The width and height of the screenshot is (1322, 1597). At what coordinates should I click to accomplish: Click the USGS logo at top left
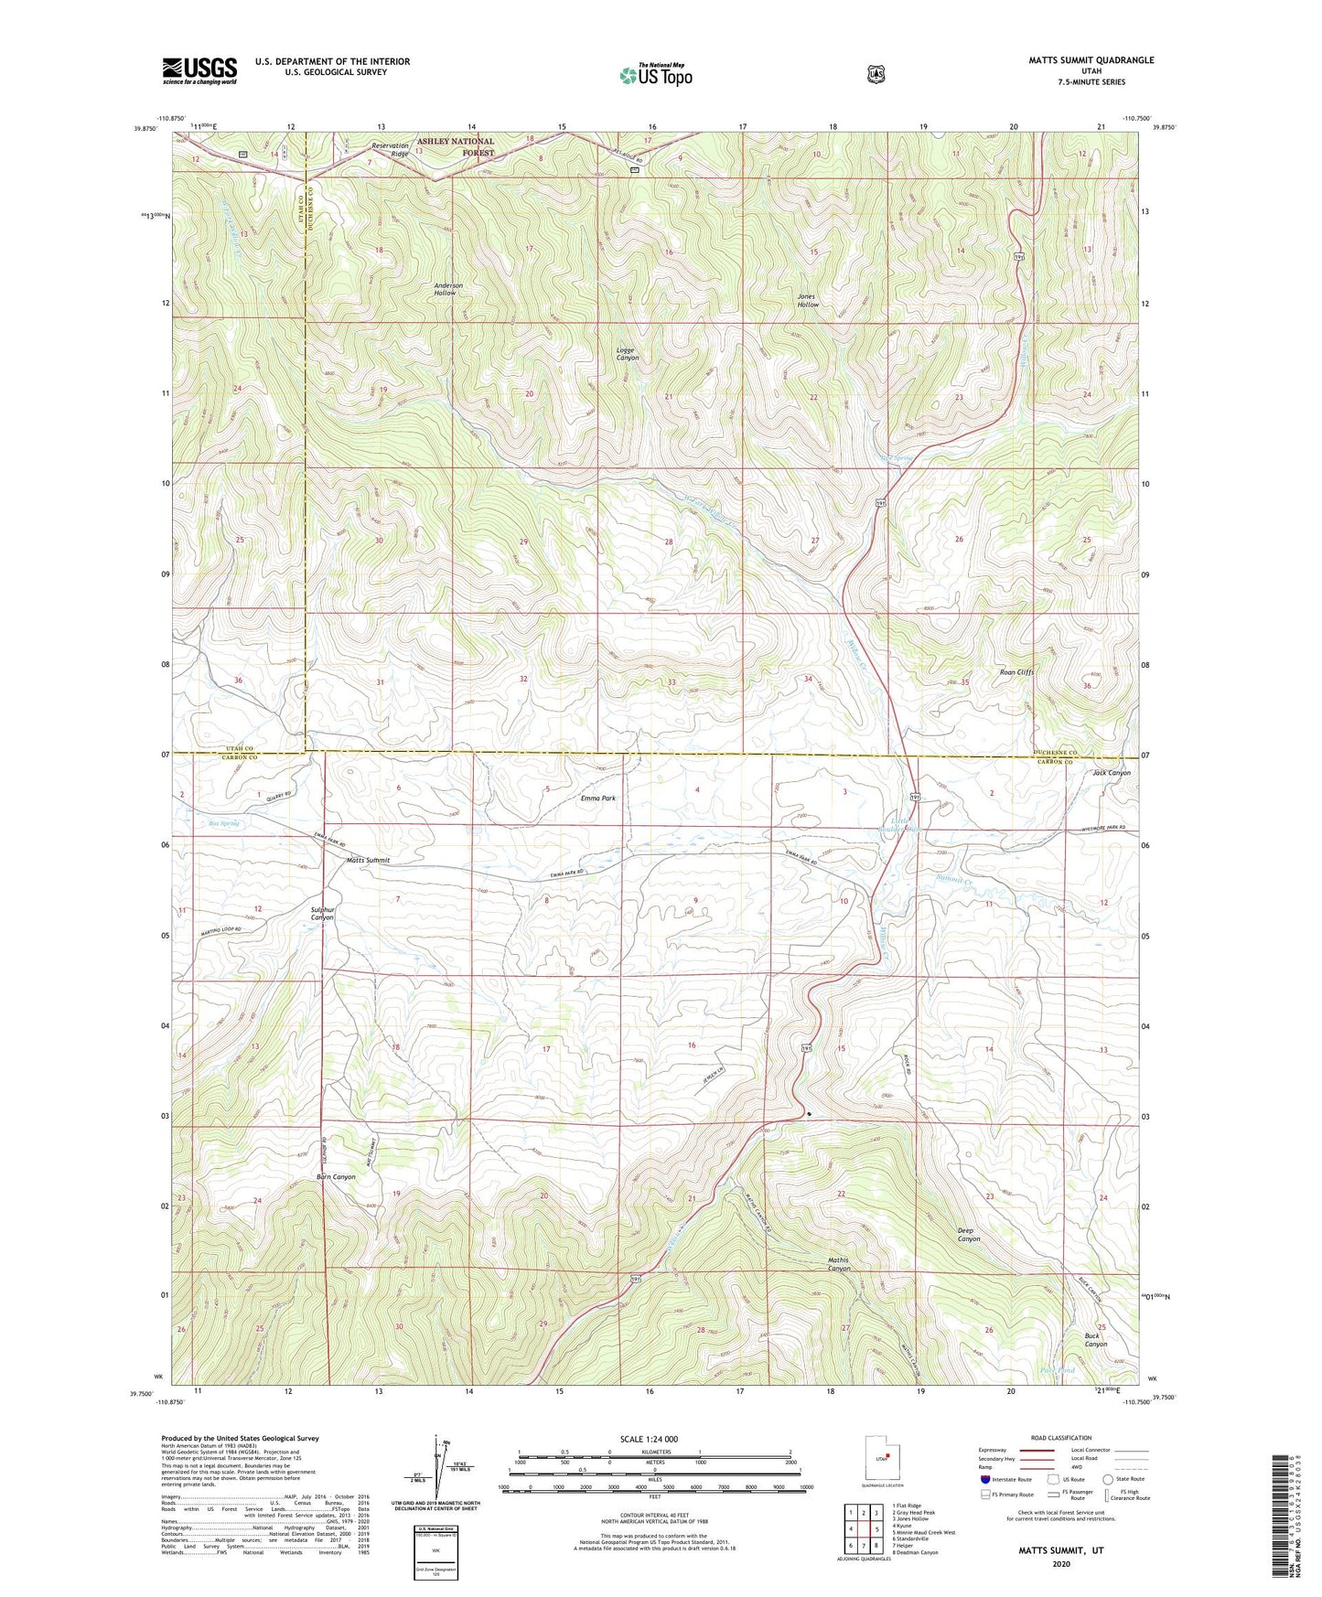199,70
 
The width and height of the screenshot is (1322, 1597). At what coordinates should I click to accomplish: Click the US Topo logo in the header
655,75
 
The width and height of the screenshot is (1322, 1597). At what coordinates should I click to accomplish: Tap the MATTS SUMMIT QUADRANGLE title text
1078,60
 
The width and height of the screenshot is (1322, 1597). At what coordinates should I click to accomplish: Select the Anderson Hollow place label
447,289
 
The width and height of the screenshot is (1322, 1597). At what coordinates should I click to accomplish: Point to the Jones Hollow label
807,300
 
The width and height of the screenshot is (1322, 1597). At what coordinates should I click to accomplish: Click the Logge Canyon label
627,354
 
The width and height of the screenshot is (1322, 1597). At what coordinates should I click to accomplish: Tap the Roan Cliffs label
1016,672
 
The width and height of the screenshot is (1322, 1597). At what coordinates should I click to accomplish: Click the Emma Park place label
597,798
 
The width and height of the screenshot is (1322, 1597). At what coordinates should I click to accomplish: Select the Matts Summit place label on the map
368,861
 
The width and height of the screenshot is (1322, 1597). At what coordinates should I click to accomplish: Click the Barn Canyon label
336,1177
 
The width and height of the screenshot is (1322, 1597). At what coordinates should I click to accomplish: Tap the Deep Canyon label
968,1234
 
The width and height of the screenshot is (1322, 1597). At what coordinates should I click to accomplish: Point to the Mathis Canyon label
838,1264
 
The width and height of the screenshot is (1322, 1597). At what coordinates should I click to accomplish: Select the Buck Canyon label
1095,1340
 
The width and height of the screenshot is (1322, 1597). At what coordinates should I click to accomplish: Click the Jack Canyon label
1111,773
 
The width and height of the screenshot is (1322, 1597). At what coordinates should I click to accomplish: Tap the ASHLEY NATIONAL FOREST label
456,146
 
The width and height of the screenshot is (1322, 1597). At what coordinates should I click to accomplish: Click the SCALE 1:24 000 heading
648,1439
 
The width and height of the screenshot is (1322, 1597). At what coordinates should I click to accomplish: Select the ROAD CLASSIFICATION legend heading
1061,1438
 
